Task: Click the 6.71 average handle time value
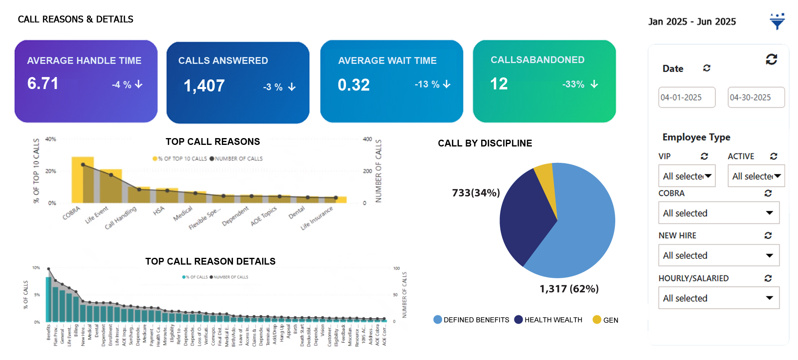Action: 43,83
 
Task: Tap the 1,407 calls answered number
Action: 204,86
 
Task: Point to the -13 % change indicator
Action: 432,84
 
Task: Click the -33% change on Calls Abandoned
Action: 580,84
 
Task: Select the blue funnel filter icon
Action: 777,22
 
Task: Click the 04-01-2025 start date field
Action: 686,97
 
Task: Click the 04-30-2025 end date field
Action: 756,97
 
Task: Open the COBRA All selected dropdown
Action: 718,213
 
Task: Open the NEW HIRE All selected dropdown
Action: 718,255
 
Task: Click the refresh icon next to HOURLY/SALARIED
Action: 768,278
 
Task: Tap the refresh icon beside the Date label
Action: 707,68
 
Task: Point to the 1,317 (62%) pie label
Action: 569,289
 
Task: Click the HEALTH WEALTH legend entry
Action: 549,320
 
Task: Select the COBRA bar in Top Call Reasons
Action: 82,180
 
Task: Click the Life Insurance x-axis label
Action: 317,218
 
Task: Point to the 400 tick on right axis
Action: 367,139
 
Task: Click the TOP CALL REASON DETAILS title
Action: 210,261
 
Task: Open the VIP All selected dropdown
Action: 686,176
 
